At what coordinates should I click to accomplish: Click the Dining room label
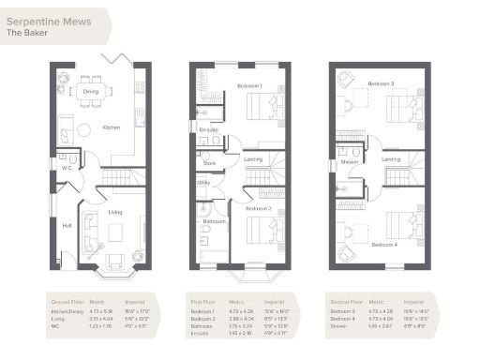click(x=91, y=92)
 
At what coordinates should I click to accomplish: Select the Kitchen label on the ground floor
click(x=112, y=127)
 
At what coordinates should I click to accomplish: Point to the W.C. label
click(x=63, y=170)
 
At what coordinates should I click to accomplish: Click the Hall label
click(x=67, y=225)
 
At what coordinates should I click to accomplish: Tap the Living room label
click(x=115, y=212)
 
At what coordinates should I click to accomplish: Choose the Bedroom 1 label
click(x=249, y=85)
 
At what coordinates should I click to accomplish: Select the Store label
click(x=209, y=162)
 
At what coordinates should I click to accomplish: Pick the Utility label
click(x=203, y=183)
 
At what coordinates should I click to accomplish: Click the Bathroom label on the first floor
click(x=216, y=221)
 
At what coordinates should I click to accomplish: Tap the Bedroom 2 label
click(x=259, y=207)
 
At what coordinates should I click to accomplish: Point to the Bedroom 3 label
click(x=381, y=84)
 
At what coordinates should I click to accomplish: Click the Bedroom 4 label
click(x=384, y=244)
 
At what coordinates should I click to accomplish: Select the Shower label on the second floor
click(x=350, y=160)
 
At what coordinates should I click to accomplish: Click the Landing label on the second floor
click(x=391, y=159)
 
